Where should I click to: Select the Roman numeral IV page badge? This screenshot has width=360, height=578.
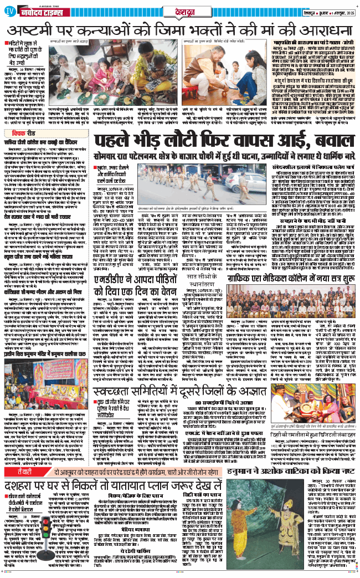click(8, 7)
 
